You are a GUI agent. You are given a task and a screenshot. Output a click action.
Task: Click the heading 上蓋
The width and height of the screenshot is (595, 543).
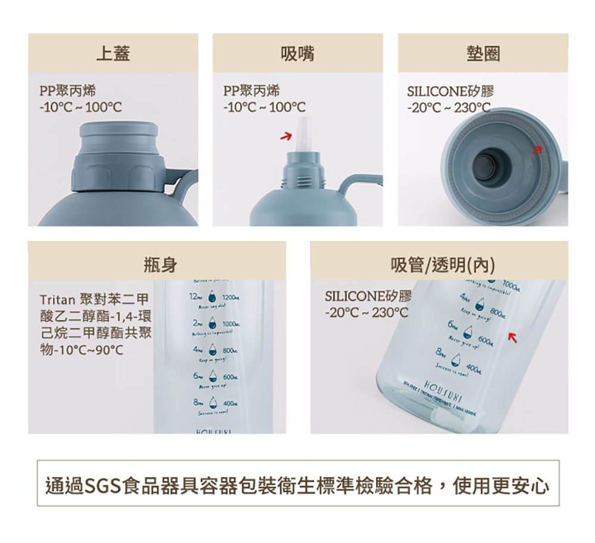coord(113,54)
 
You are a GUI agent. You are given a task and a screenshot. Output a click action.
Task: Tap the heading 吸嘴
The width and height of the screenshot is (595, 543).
coord(297,54)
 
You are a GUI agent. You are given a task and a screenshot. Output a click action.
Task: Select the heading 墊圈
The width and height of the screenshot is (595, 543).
coord(483,54)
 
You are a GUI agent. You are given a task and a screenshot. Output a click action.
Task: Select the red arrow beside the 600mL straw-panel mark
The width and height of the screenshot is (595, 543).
coord(511,338)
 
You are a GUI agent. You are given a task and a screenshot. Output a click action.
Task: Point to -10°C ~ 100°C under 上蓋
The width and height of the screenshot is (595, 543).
coord(80,108)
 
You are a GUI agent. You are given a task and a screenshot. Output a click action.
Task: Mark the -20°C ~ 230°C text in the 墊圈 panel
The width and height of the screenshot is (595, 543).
coord(449,108)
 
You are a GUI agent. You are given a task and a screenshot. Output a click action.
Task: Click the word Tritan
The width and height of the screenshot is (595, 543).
coord(57,297)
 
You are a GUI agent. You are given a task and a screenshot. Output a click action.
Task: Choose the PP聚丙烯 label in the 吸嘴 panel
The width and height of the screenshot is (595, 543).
coord(252,91)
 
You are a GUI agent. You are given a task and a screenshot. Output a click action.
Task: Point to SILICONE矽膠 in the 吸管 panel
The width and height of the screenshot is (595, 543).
coord(368,296)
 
